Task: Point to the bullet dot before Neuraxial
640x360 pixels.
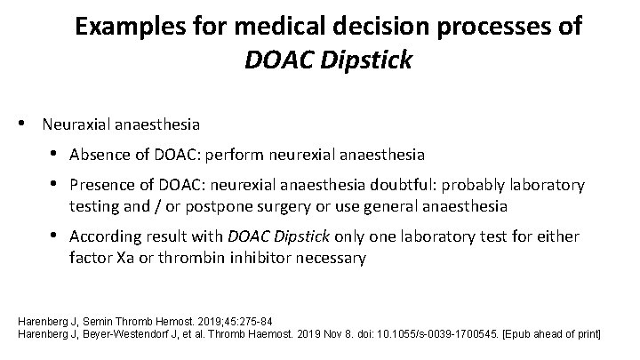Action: point(28,120)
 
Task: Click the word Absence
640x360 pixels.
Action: point(98,154)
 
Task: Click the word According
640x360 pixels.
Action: point(105,237)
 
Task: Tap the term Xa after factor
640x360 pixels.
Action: point(123,258)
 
